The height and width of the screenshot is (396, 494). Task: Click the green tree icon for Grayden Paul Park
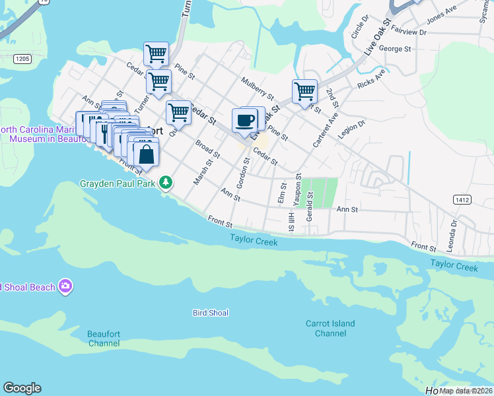point(166,182)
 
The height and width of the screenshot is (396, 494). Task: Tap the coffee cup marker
point(245,121)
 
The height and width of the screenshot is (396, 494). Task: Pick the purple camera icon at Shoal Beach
point(65,286)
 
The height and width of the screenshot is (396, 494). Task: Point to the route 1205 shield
point(22,59)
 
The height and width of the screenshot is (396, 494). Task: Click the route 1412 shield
point(462,199)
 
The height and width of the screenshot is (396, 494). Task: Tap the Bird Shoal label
point(210,312)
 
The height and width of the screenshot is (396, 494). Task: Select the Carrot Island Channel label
point(330,328)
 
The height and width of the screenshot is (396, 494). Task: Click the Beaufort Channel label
point(104,339)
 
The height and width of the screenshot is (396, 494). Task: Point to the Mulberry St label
point(257,88)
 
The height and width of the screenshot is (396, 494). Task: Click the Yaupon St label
point(299,187)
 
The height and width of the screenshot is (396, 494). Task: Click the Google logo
point(22,388)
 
